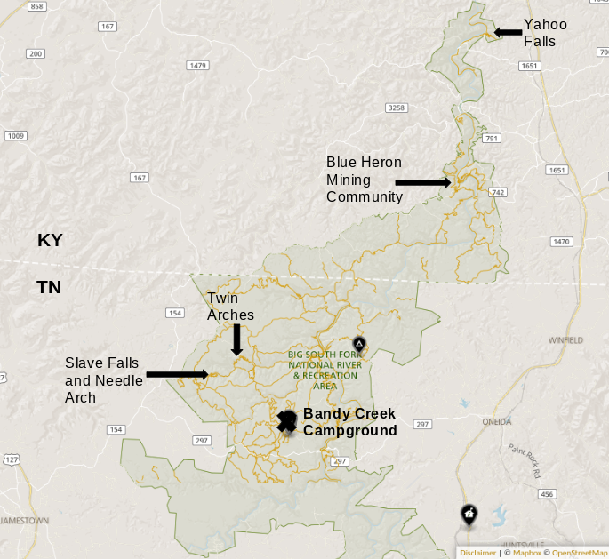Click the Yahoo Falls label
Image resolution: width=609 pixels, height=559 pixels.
545,32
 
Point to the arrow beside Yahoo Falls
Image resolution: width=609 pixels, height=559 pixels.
508,32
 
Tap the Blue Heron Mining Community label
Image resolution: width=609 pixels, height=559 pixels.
365,180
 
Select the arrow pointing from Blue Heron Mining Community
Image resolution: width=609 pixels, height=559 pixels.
422,182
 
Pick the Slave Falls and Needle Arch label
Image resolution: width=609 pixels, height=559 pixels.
103,379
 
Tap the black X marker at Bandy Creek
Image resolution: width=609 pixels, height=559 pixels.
286,422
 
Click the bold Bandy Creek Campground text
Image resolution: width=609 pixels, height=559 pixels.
349,422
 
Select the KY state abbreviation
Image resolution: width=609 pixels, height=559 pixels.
51,240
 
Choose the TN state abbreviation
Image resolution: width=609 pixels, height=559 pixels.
49,287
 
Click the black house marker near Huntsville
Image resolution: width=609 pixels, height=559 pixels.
469,514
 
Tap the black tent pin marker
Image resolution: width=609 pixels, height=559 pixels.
359,344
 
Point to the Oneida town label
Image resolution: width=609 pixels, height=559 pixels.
496,421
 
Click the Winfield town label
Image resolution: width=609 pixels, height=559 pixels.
565,340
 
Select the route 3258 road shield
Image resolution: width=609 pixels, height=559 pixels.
397,108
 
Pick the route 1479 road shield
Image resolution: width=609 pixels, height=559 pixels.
197,65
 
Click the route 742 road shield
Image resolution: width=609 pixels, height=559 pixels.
498,192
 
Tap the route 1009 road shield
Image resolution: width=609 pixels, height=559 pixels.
15,136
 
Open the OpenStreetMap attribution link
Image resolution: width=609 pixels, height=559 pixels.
579,553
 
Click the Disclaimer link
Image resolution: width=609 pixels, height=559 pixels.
477,553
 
